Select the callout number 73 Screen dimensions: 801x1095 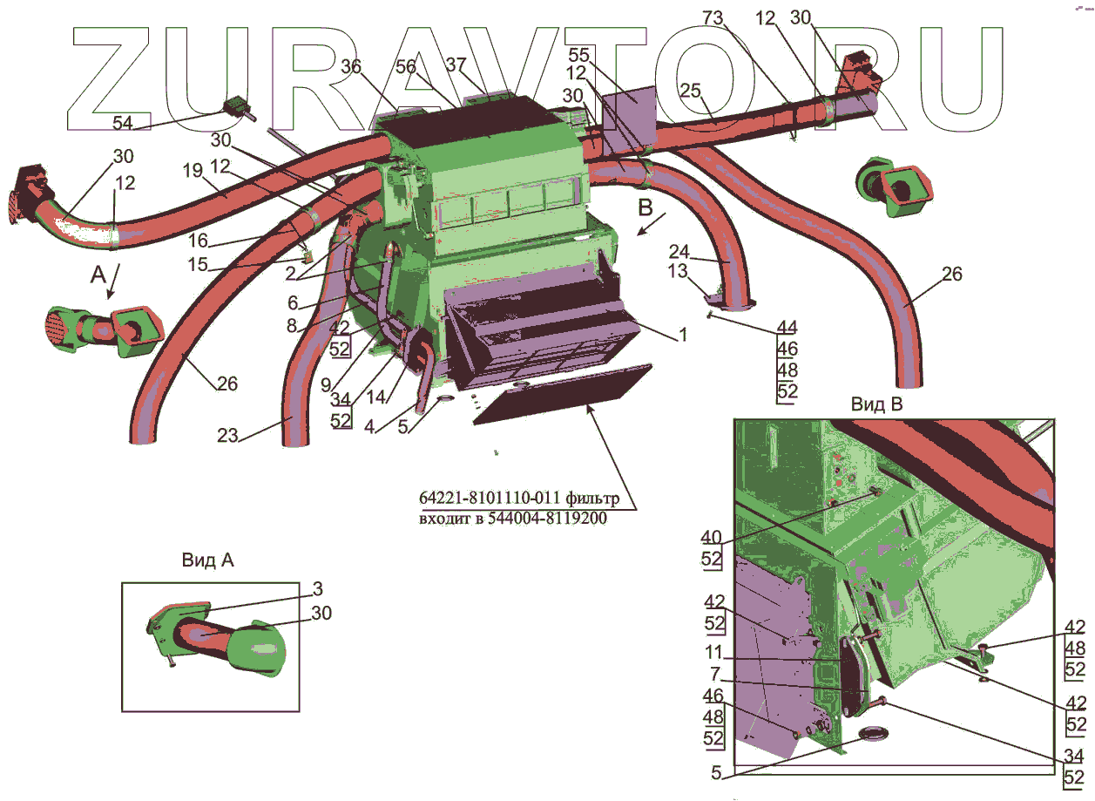point(713,18)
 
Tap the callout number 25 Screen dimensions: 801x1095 point(690,90)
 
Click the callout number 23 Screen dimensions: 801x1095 point(227,436)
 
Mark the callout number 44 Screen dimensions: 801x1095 point(787,328)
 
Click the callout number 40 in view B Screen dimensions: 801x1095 point(712,537)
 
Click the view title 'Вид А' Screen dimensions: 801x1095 point(207,560)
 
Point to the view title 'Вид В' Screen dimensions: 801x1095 point(876,404)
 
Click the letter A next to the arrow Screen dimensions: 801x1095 point(98,276)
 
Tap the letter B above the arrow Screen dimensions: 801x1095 point(646,209)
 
